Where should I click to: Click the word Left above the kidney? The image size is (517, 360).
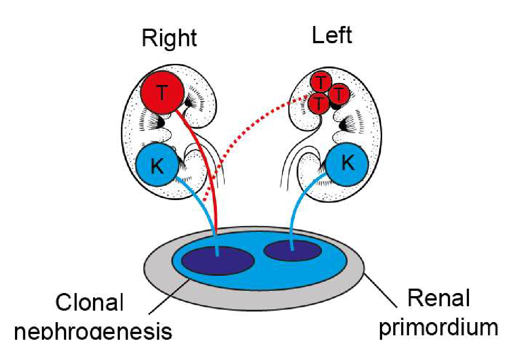(x=332, y=35)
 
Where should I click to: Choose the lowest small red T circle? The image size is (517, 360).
(x=319, y=104)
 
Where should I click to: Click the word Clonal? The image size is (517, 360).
(x=89, y=304)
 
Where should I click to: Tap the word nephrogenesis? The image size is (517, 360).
(x=93, y=331)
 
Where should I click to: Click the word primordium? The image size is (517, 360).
(x=439, y=327)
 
